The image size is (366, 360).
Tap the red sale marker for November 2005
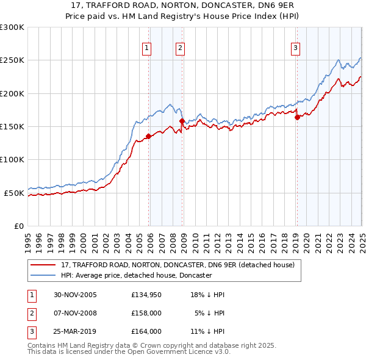[x=148, y=136]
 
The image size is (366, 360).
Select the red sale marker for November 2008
[x=182, y=121]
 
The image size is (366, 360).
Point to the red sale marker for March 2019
[x=297, y=118]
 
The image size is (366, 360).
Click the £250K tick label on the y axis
[x=12, y=60]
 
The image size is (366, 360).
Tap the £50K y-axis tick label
[x=14, y=193]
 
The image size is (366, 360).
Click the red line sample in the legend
[x=43, y=265]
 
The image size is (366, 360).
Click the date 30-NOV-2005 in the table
[x=75, y=295]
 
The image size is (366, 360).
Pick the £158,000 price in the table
[x=146, y=313]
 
